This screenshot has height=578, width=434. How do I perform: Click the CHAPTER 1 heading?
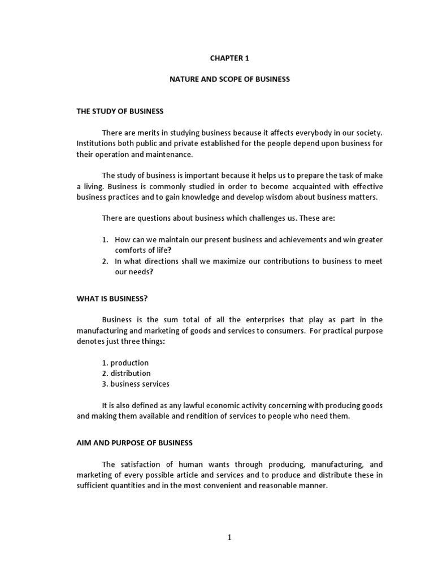pyautogui.click(x=229, y=58)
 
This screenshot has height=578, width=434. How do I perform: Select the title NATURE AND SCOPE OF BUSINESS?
pyautogui.click(x=229, y=80)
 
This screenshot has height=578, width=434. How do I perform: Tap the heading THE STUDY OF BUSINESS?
pyautogui.click(x=120, y=111)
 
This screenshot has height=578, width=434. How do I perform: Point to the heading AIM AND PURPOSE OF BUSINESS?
pyautogui.click(x=134, y=443)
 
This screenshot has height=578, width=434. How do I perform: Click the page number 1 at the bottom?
pyautogui.click(x=229, y=537)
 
